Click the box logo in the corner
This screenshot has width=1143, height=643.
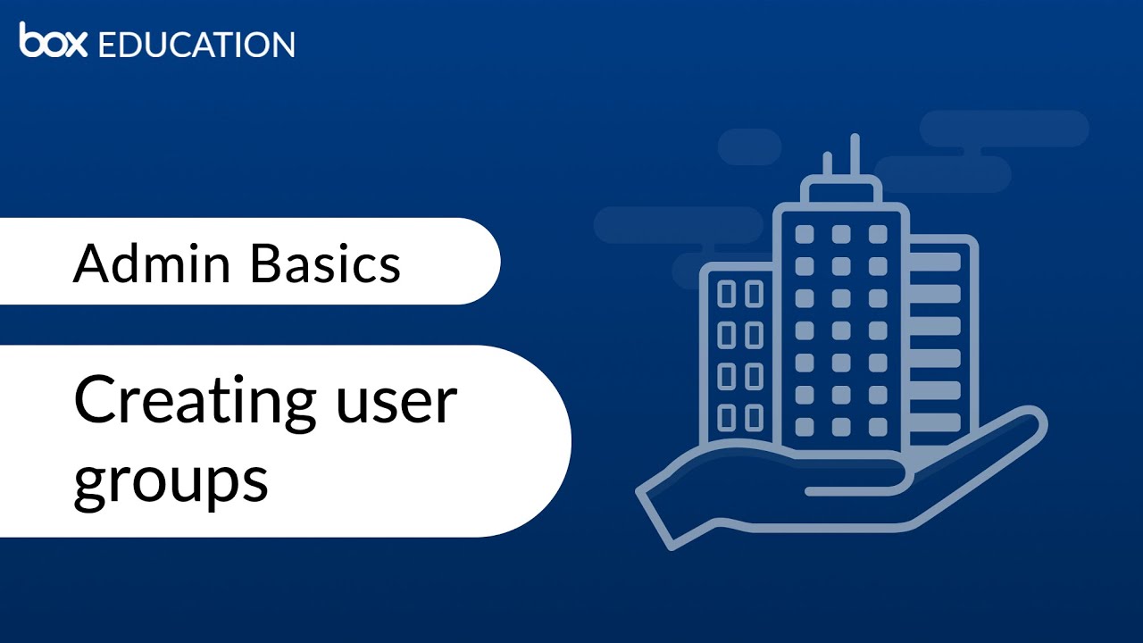click(x=53, y=41)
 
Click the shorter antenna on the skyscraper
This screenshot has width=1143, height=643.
click(x=827, y=166)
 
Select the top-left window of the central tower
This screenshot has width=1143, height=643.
click(x=804, y=234)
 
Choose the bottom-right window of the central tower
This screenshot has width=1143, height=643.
click(x=878, y=427)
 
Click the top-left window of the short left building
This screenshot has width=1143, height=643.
click(x=727, y=293)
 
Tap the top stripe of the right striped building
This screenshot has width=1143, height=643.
click(x=936, y=261)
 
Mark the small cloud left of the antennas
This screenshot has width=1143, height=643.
click(x=749, y=146)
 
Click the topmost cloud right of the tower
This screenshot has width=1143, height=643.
click(x=1004, y=129)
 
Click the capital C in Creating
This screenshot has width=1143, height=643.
click(x=96, y=402)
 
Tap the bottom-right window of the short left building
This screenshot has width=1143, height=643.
click(x=755, y=417)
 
